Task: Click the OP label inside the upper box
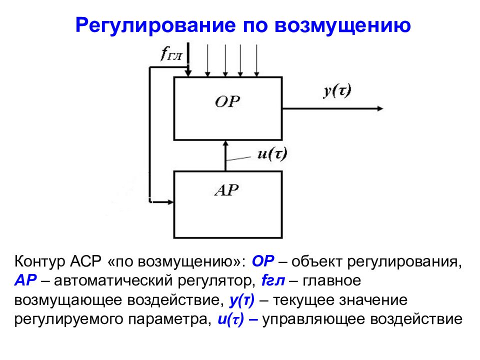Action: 227,102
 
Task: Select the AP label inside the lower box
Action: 227,190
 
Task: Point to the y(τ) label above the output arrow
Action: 337,91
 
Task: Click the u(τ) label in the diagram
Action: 272,154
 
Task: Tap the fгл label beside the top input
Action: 171,54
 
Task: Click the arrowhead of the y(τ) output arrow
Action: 380,108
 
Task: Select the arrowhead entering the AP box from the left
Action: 170,202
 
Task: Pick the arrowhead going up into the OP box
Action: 225,143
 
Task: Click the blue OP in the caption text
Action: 263,261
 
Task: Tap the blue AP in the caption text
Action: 25,280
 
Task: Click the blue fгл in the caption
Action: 273,280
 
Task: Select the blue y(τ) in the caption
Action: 242,300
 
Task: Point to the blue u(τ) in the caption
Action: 231,319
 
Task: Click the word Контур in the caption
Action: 40,261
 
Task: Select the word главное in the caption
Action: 331,281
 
